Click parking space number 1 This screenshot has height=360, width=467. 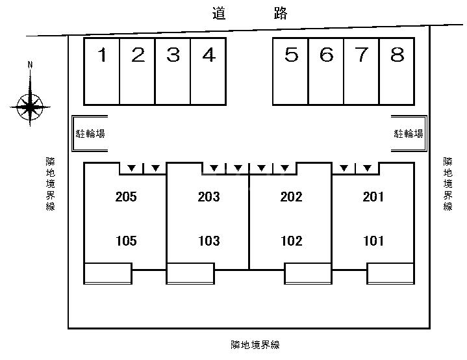[102, 71]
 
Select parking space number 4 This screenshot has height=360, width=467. [208, 71]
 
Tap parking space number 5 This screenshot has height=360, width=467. [291, 71]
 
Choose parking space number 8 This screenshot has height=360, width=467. [397, 71]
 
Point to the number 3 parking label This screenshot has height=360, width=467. [173, 55]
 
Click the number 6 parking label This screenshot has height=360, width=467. [327, 55]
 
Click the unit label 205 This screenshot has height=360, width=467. [126, 197]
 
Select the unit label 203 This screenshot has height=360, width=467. [208, 197]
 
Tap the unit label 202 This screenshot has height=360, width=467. [291, 197]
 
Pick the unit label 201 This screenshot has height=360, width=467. [373, 197]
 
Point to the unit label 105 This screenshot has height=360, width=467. [126, 241]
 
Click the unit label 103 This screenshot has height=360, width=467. [209, 241]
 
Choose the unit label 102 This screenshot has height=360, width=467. [292, 241]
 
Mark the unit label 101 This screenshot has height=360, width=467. [373, 241]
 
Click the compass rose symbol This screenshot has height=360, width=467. [30, 107]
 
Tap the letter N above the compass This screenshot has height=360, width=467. [30, 65]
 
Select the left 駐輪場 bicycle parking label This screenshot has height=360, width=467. [90, 134]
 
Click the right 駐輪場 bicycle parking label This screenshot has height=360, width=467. [409, 134]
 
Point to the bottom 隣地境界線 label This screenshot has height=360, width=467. [255, 345]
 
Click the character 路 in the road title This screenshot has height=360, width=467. [281, 14]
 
